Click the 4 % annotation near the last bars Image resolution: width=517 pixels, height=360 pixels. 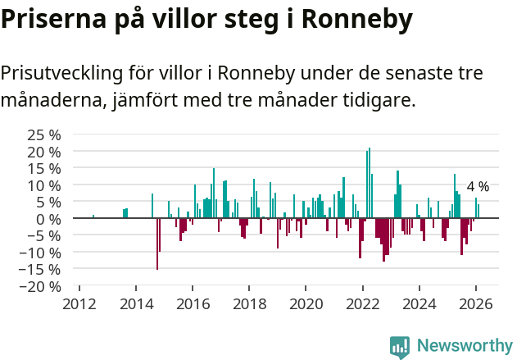tap(478, 186)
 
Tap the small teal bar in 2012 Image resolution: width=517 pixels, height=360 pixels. tap(93, 216)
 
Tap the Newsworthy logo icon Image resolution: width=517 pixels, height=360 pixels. tap(400, 346)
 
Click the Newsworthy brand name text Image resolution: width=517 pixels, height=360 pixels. tap(464, 346)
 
